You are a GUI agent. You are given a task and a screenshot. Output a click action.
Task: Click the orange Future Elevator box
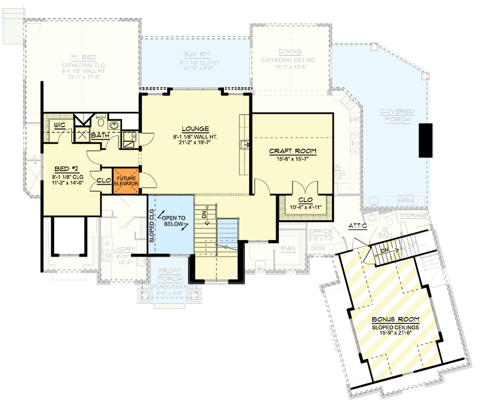pos(126,180)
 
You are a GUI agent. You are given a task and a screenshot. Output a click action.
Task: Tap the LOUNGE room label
pos(195,128)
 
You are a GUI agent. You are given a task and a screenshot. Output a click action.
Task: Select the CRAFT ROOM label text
pos(293,151)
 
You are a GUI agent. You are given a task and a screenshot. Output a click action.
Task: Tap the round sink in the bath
pos(113,125)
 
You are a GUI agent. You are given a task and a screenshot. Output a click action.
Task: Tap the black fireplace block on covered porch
pos(425,140)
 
